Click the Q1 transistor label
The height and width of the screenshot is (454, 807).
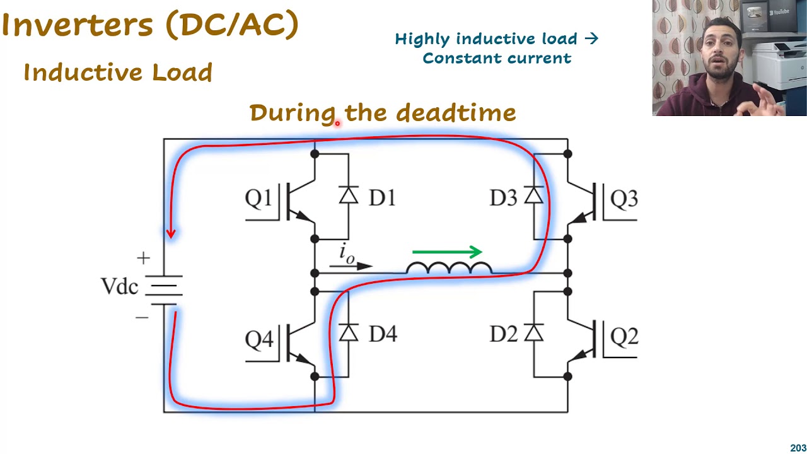(x=258, y=199)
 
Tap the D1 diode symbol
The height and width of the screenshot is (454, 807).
(x=349, y=195)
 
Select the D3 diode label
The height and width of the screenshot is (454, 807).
(x=502, y=199)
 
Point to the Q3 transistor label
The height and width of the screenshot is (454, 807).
(x=624, y=199)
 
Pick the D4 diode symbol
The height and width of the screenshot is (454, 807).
(x=349, y=333)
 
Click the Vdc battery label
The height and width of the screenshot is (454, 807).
(x=119, y=286)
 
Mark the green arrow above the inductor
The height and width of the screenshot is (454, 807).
(x=447, y=252)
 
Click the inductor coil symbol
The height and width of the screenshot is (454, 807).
(x=449, y=268)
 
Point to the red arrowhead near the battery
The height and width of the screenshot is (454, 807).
(x=170, y=233)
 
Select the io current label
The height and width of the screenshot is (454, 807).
(x=347, y=253)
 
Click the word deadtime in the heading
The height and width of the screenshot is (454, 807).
(x=456, y=113)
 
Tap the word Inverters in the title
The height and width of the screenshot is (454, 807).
(x=78, y=25)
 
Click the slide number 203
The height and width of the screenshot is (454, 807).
(x=798, y=448)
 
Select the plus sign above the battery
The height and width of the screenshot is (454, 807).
(x=143, y=258)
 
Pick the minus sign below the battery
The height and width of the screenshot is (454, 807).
(x=142, y=317)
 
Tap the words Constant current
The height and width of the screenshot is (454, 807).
(x=497, y=58)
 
